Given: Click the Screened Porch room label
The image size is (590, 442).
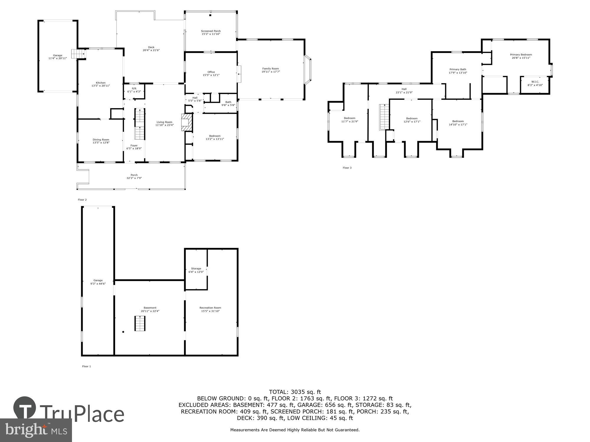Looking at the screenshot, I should [211, 31].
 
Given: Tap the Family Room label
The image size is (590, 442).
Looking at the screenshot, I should [271, 69].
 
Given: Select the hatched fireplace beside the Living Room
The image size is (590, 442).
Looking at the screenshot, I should [186, 122].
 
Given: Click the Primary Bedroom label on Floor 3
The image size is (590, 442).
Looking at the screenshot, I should [521, 55].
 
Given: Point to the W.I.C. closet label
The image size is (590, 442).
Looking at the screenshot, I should [535, 82].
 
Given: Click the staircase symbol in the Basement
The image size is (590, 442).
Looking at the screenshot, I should [140, 323].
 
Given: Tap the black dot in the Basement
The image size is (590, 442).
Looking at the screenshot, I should [123, 332].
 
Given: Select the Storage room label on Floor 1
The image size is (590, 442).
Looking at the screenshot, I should [196, 268].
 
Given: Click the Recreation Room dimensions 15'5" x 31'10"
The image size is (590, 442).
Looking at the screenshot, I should [210, 311].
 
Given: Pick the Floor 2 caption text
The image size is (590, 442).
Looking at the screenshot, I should [82, 200].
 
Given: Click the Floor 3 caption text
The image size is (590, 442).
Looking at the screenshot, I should [347, 168].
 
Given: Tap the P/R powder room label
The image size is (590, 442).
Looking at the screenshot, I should [134, 88].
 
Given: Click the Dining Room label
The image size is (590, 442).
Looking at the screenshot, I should [101, 140].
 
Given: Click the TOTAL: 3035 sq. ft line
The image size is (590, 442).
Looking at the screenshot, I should [295, 392].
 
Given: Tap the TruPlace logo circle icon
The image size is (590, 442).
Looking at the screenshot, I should [25, 408].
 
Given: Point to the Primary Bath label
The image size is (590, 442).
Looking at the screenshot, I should [458, 70].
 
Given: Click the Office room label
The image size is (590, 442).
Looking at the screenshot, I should [211, 72].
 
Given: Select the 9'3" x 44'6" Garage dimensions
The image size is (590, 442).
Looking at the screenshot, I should [98, 284].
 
